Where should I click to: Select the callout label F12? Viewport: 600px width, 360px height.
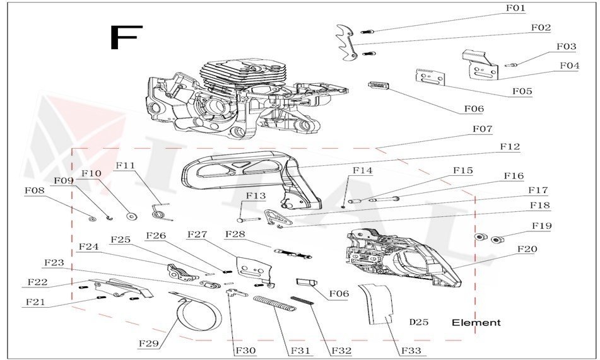[510, 147]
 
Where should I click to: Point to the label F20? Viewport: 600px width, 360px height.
[527, 249]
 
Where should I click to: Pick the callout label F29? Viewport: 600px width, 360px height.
[149, 344]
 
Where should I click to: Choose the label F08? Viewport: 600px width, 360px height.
[34, 190]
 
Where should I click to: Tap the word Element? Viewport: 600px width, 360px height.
[476, 323]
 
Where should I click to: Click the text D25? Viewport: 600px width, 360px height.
[419, 323]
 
